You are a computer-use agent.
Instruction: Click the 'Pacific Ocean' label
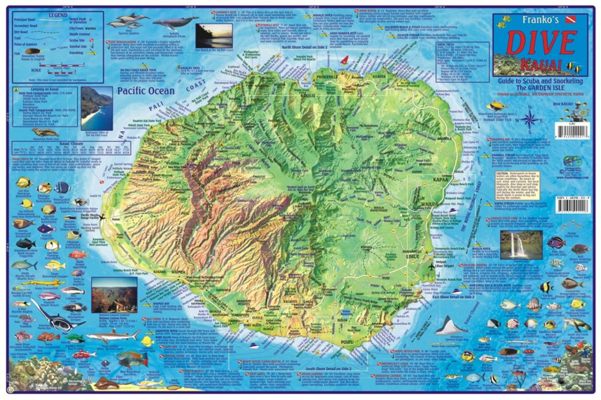coord(146,91)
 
